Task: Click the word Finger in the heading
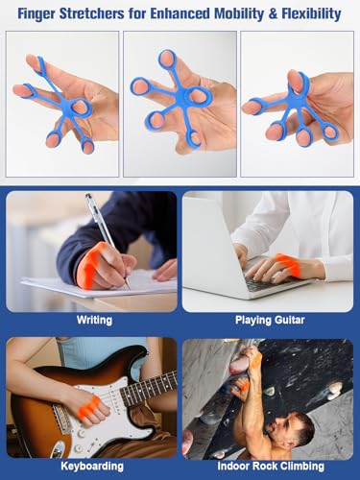click(36, 13)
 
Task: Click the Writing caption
click(94, 321)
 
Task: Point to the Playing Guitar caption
click(270, 320)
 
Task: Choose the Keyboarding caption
click(92, 466)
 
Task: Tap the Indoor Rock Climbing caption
click(271, 466)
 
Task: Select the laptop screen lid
click(211, 243)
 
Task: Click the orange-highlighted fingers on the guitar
click(90, 406)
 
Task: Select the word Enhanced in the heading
click(180, 13)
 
